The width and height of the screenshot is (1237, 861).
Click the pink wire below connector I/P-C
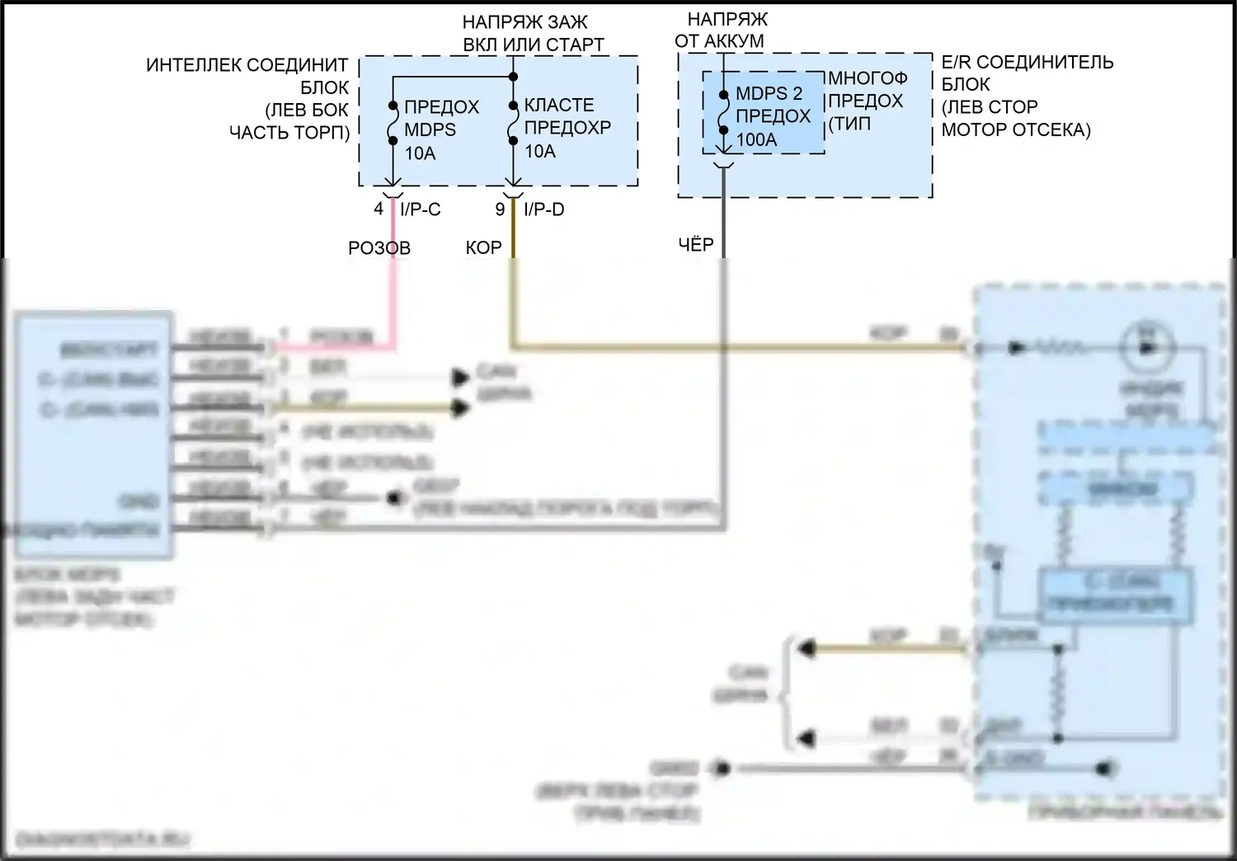point(393,280)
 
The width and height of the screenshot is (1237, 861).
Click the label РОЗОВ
point(379,247)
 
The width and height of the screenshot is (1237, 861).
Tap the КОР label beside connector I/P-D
point(483,247)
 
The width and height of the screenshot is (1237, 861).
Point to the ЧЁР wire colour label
point(695,244)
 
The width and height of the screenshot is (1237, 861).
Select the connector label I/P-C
point(421,209)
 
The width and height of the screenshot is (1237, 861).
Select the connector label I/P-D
point(544,209)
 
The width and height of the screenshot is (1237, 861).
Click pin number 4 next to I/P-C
point(379,209)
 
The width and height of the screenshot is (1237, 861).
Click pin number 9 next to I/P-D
point(500,209)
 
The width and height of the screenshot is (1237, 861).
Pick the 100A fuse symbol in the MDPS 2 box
point(723,113)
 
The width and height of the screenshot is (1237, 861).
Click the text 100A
point(756,139)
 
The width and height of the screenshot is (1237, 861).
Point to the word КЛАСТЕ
point(559,105)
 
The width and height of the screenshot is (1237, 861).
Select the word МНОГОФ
point(868,78)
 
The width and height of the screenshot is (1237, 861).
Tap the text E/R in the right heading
point(956,62)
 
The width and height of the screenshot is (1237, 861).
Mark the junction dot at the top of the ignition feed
point(513,77)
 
